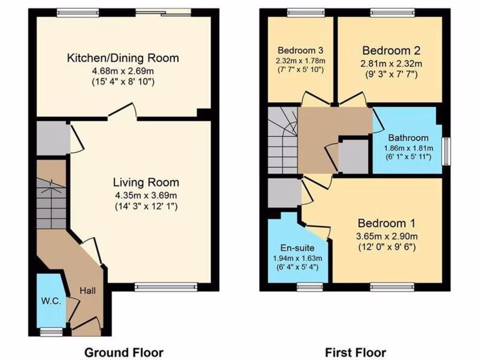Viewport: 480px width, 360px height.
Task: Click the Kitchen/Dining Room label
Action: pos(123,58)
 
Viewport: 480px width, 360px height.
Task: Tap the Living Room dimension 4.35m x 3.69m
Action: pos(145,195)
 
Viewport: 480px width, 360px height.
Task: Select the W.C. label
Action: pos(51,301)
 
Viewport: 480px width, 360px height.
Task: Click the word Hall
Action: pos(87,291)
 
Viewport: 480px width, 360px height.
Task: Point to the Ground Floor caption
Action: pos(124,352)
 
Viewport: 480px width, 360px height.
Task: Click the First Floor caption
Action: pos(355,352)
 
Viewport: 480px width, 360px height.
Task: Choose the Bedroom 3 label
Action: pos(300,50)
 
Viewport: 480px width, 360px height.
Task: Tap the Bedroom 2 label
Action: pos(391,50)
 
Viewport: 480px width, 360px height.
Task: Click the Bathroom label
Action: pos(408,138)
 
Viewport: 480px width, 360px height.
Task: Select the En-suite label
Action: pos(298,248)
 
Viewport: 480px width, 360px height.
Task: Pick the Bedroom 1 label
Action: pos(386,223)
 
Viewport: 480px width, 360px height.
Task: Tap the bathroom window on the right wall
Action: pos(447,151)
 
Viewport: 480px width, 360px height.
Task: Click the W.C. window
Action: pos(51,332)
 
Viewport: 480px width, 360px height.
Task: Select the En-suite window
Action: pos(308,286)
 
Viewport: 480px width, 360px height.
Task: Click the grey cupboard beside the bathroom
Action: pos(353,156)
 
